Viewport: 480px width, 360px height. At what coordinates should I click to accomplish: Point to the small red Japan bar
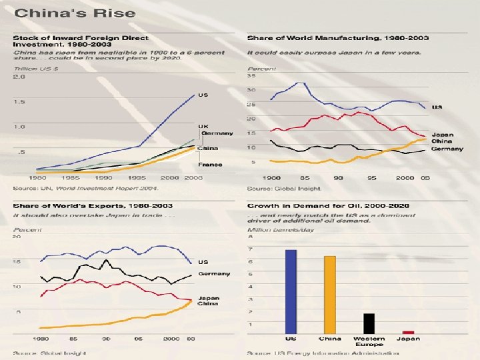pos(408,332)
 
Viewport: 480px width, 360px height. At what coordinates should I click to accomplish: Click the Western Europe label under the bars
pos(369,341)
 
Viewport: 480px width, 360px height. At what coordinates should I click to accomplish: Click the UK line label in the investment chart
pos(203,126)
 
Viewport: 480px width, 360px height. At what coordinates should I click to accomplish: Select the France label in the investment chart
pos(209,164)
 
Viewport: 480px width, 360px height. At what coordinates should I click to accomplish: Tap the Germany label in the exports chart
pos(213,273)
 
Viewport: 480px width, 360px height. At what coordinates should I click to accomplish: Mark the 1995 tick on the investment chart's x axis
pos(138,178)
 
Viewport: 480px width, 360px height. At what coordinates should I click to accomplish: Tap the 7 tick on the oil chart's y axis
pos(250,249)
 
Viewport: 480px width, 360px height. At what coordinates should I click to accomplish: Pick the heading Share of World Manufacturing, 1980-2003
pos(337,37)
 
